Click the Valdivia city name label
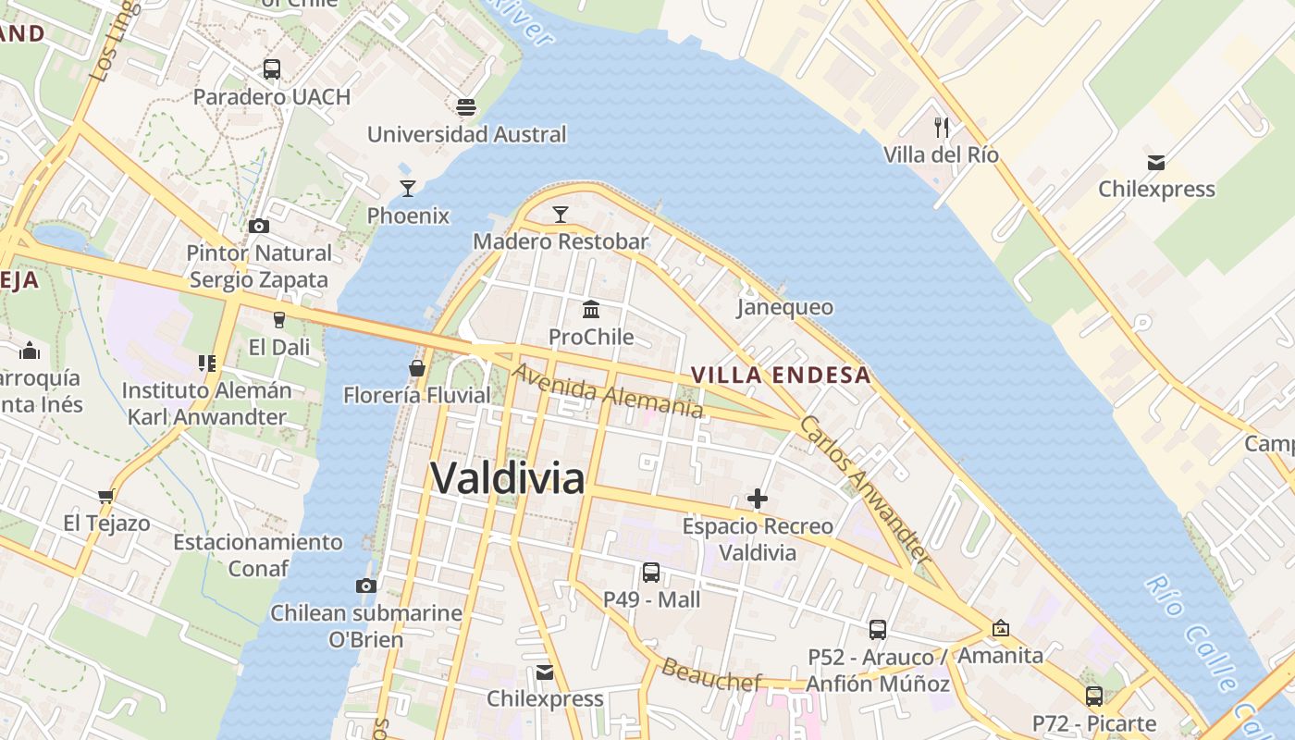[508, 478]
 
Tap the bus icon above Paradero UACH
[271, 69]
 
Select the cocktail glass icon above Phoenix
[407, 189]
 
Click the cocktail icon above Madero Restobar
[560, 215]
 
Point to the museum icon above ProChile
[591, 309]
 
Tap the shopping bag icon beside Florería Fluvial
[416, 368]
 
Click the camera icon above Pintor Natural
[259, 226]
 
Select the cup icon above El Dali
[278, 320]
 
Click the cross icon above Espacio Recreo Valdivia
[758, 499]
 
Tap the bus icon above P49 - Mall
[651, 573]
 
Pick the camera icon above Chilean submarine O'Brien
[366, 586]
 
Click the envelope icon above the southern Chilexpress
[545, 672]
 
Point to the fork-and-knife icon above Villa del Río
[942, 127]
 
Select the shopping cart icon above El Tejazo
[106, 496]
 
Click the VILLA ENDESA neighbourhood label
[782, 375]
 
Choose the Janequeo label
[784, 307]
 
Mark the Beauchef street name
[711, 675]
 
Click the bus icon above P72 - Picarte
[1094, 697]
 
